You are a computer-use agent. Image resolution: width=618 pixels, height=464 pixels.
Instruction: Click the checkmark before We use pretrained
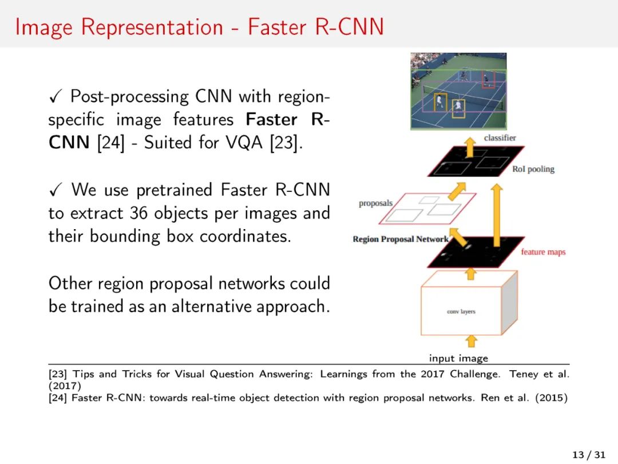click(x=55, y=190)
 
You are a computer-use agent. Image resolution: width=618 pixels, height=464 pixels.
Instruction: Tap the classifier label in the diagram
click(x=500, y=137)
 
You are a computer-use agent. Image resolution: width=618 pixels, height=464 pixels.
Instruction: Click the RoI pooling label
click(x=533, y=169)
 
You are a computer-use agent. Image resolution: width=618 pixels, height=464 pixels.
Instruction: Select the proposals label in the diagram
click(x=376, y=203)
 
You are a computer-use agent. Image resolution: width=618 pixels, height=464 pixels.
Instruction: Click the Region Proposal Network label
click(x=401, y=239)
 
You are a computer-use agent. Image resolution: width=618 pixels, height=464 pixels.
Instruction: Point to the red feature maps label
click(x=543, y=252)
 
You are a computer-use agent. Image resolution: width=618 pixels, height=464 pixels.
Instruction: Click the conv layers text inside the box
click(x=461, y=312)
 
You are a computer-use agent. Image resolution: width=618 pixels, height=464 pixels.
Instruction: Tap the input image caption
click(x=458, y=358)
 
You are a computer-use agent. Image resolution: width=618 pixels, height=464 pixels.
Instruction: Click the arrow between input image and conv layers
click(x=470, y=341)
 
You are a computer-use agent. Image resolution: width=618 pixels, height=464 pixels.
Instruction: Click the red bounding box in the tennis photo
click(x=488, y=80)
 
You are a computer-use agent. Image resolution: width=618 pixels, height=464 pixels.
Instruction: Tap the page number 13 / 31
click(x=589, y=455)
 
